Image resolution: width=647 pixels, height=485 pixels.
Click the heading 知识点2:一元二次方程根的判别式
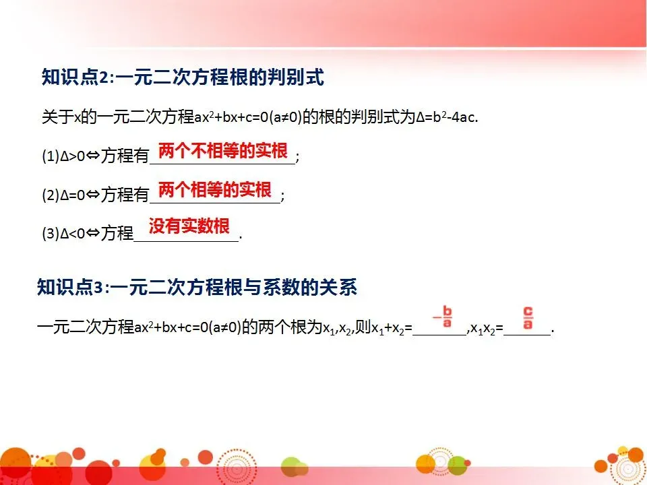pyautogui.click(x=183, y=78)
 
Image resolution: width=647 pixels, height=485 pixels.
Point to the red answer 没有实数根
pyautogui.click(x=189, y=226)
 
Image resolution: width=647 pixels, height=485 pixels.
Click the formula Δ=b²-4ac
pyautogui.click(x=447, y=117)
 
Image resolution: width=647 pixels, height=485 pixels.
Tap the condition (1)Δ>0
pyautogui.click(x=63, y=157)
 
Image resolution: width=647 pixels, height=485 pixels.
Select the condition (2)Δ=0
pyautogui.click(x=63, y=196)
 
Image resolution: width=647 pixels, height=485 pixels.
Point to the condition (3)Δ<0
pyautogui.click(x=63, y=234)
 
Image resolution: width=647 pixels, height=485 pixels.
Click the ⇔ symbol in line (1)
pyautogui.click(x=92, y=157)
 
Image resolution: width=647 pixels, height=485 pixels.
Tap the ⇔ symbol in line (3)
pyautogui.click(x=92, y=234)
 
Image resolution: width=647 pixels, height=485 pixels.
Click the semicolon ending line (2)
pyautogui.click(x=282, y=196)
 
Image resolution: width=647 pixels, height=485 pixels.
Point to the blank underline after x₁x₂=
pyautogui.click(x=528, y=333)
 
